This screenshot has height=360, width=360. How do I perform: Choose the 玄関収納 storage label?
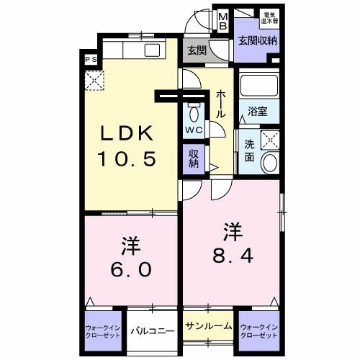(x=258, y=41)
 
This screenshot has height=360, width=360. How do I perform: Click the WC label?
(x=194, y=130)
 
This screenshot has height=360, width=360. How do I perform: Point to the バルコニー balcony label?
(x=153, y=332)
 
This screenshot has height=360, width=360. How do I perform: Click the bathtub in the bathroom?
(x=258, y=88)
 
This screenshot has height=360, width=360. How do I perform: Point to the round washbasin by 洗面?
(x=270, y=163)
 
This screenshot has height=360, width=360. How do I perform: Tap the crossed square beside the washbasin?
(x=270, y=140)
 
